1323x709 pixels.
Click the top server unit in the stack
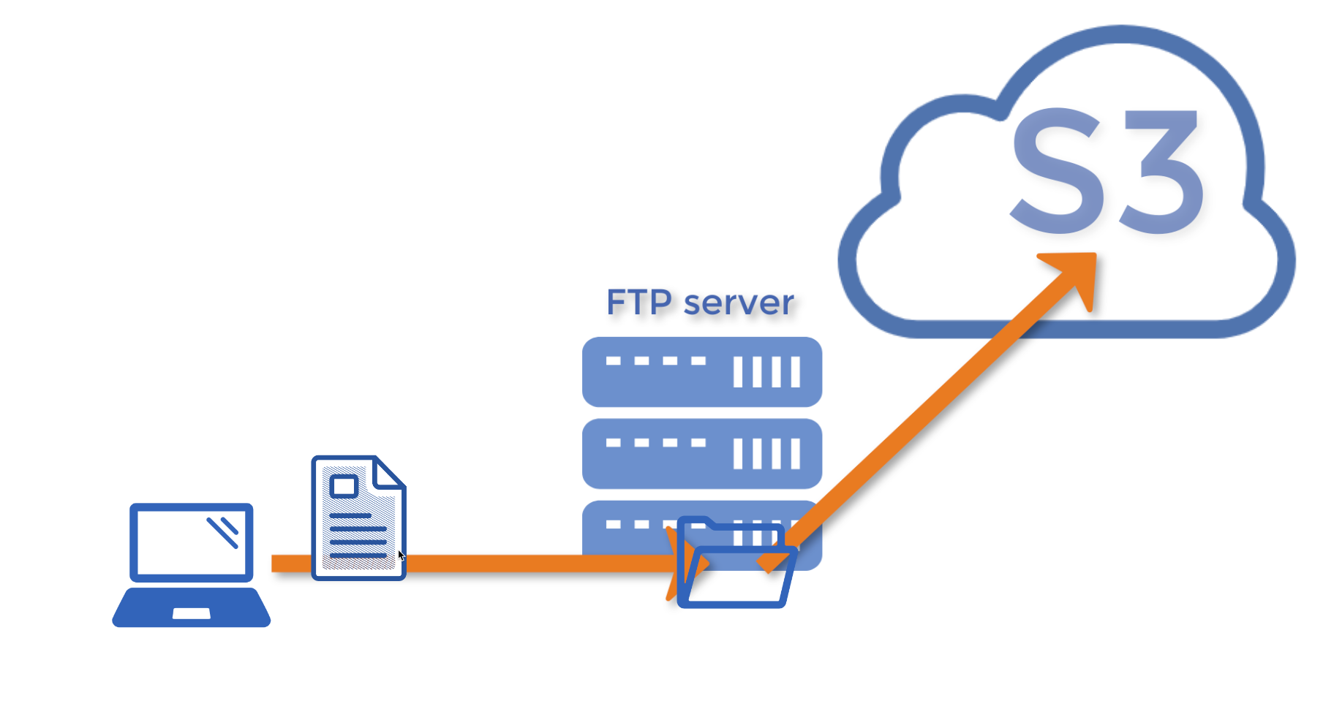pyautogui.click(x=701, y=372)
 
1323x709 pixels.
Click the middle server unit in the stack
pyautogui.click(x=701, y=454)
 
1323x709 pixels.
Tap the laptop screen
pyautogui.click(x=191, y=542)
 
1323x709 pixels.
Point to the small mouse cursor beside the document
pyautogui.click(x=401, y=556)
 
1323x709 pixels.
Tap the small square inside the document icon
pyautogui.click(x=344, y=486)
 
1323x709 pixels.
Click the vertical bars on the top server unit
pyautogui.click(x=766, y=372)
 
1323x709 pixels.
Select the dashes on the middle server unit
pyautogui.click(x=655, y=443)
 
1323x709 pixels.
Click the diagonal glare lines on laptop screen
pyautogui.click(x=223, y=531)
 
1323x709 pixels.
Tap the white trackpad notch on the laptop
pyautogui.click(x=191, y=614)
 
